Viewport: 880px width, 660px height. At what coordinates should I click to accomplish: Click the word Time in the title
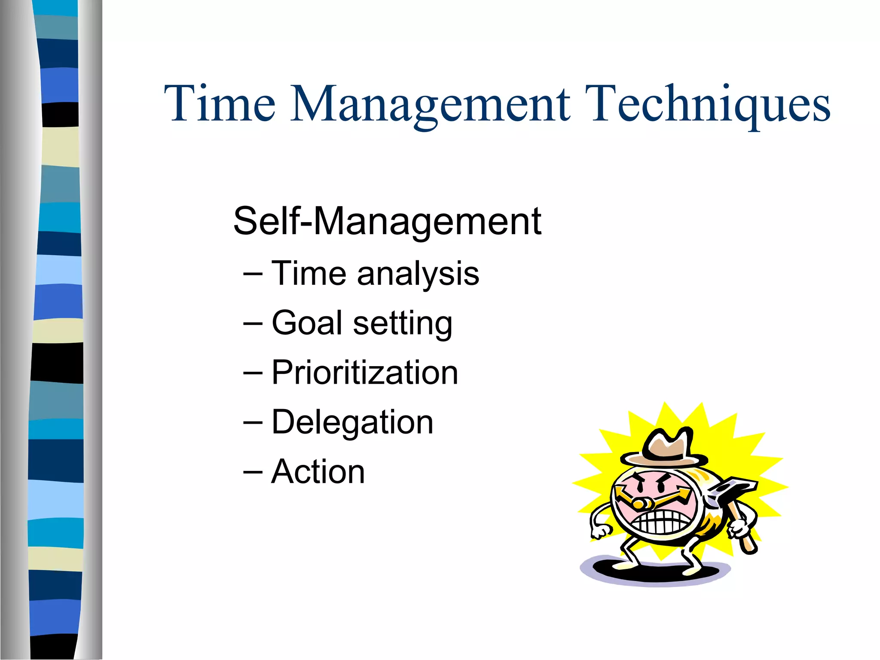[x=220, y=104]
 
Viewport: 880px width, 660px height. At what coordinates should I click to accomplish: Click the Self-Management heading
[x=387, y=221]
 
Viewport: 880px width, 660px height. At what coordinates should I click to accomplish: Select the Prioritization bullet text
[x=365, y=373]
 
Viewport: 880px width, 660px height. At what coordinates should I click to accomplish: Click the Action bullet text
[x=318, y=472]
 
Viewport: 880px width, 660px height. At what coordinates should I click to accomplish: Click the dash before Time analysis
[x=253, y=274]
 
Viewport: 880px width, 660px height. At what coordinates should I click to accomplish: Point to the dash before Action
[x=253, y=472]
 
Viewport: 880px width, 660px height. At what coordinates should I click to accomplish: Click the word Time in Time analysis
[x=309, y=274]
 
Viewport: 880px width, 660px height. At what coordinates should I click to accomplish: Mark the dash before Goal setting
[x=253, y=323]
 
